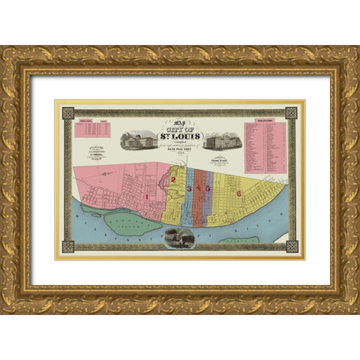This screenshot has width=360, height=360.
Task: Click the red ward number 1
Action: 148,196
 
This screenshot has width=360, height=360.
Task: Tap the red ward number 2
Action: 173,180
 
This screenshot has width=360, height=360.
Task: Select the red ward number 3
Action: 190,188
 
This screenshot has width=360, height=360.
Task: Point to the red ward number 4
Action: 199,188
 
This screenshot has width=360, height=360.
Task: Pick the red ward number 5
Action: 208,188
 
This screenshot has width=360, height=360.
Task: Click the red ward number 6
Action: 238,193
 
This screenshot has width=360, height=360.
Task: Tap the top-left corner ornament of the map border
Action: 68,113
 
